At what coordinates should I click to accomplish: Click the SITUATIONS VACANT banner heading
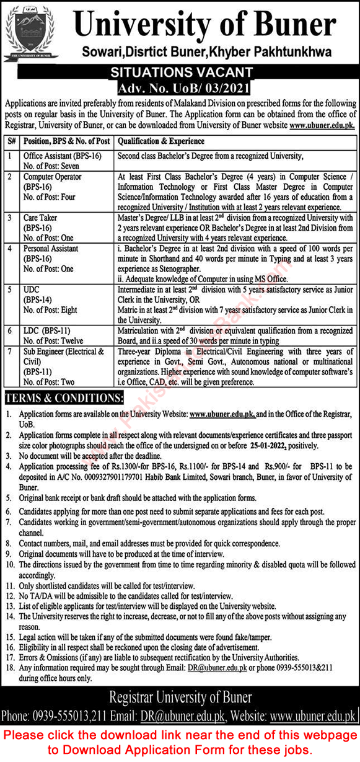tap(180, 73)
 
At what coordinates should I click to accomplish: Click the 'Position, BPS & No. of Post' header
tap(66, 141)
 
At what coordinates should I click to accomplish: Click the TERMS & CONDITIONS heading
tap(64, 398)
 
